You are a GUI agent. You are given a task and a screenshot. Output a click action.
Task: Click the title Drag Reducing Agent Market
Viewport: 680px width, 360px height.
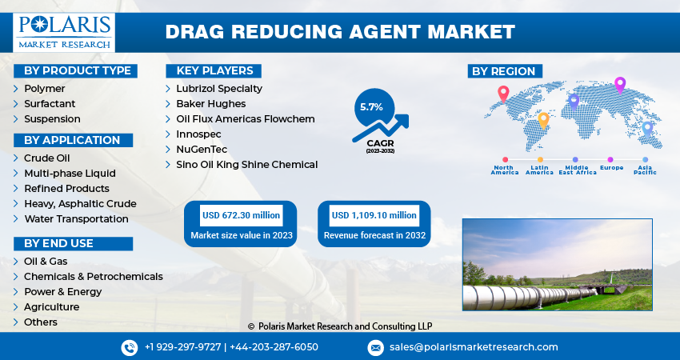pos(340,32)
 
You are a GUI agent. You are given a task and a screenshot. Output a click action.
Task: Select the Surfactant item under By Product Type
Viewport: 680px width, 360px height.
pos(50,103)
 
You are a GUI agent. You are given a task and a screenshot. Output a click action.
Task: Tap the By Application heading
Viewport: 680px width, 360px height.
pos(72,140)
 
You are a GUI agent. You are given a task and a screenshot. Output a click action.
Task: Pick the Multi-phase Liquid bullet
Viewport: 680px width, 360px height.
pos(70,173)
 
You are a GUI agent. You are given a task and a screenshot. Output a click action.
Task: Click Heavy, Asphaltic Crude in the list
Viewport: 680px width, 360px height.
pos(80,203)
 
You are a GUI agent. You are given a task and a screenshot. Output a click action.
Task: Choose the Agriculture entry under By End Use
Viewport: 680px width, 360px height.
pos(51,306)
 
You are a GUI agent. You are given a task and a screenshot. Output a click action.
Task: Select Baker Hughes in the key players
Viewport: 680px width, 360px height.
pos(210,103)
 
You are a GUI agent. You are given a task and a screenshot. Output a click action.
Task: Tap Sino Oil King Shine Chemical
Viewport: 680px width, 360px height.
pos(246,164)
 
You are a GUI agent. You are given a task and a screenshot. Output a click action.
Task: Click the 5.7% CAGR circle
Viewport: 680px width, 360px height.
pos(371,106)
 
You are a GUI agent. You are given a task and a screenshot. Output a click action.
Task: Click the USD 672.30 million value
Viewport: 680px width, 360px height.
pos(241,215)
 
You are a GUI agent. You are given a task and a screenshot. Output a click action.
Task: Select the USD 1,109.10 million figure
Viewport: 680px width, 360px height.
pos(374,215)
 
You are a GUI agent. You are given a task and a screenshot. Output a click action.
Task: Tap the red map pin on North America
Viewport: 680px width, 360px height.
pos(503,93)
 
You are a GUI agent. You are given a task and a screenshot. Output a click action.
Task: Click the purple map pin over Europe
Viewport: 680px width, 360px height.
pos(619,84)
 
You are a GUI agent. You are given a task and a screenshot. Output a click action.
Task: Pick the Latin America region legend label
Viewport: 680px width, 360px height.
pos(540,170)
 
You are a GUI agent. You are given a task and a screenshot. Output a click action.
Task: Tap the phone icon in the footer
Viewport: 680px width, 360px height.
pos(130,347)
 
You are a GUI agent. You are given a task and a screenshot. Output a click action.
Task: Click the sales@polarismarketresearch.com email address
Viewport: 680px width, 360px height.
pos(474,347)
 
